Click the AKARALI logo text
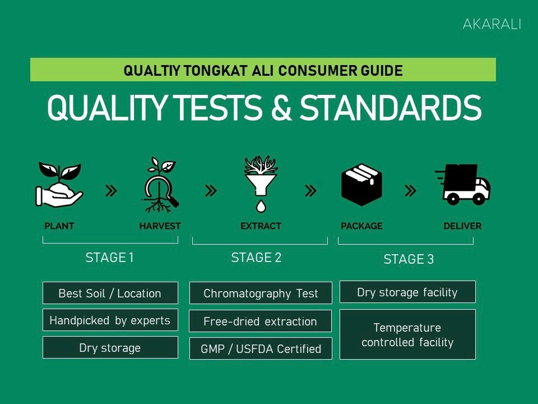coord(491,25)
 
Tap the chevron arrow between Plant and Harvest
coord(112,191)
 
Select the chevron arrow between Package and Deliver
coord(410,191)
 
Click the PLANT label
coord(59,226)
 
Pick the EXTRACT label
coord(261,226)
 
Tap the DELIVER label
coord(462,226)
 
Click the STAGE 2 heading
coord(256,258)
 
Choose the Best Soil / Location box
coord(110,293)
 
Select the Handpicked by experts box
coord(110,320)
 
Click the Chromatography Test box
coord(261,293)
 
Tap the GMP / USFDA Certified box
coord(261,348)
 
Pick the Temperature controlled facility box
coord(407,334)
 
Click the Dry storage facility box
coord(407,292)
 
